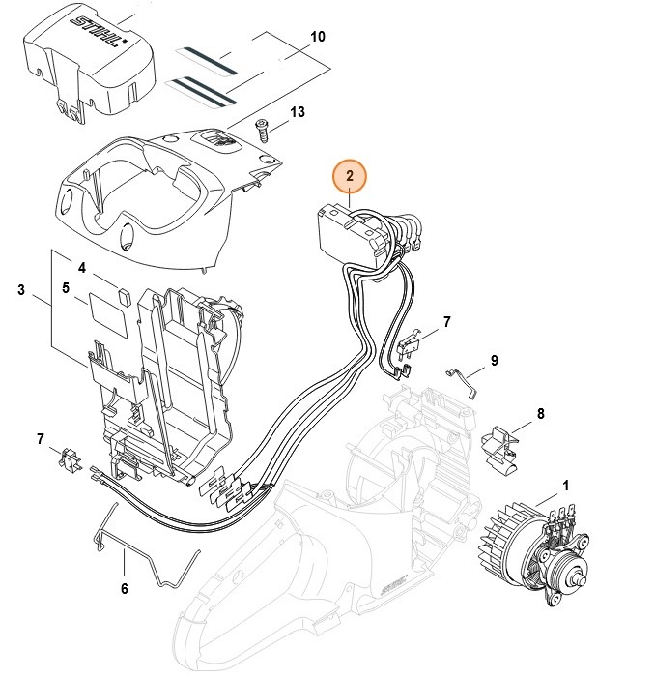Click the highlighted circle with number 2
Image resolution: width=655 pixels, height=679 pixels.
(x=350, y=176)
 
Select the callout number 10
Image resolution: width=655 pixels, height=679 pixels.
(x=318, y=37)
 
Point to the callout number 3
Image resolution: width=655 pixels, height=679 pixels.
(x=20, y=290)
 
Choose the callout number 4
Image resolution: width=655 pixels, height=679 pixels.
(x=82, y=268)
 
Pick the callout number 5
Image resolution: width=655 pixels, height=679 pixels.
(x=66, y=287)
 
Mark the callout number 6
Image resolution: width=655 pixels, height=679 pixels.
(x=124, y=588)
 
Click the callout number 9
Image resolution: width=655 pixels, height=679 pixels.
(x=494, y=361)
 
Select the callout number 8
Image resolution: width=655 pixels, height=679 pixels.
(x=540, y=414)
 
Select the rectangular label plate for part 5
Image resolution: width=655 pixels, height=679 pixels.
(x=109, y=314)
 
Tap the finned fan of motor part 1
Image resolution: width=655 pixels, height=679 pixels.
(x=502, y=537)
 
